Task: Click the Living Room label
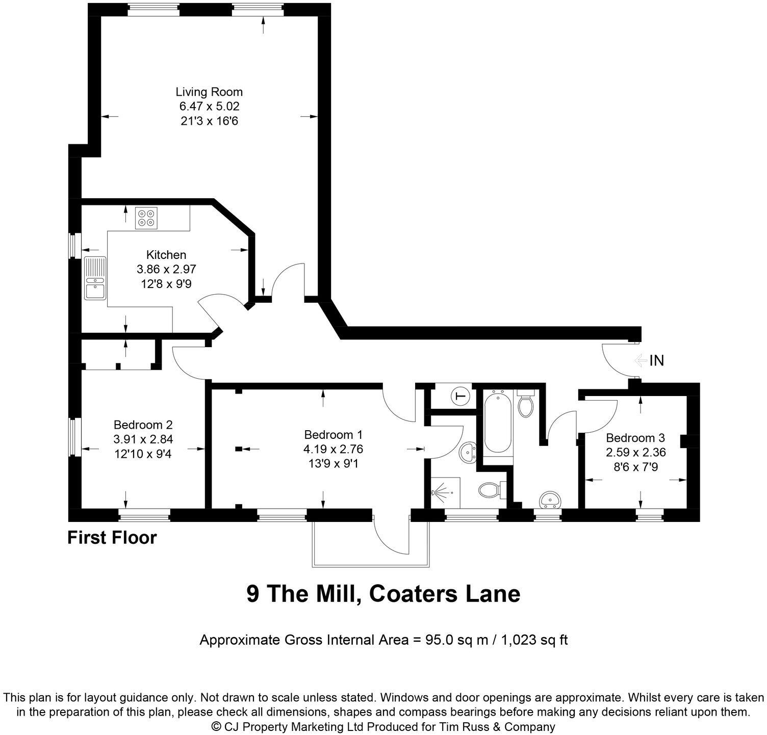(x=209, y=92)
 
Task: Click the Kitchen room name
(x=166, y=255)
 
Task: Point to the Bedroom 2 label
(x=143, y=425)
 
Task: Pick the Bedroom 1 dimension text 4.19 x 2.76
(x=334, y=450)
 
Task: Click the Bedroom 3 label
(x=635, y=438)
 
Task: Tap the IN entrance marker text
(x=657, y=361)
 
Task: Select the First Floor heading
(x=112, y=537)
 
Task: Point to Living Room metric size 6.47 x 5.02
(x=209, y=107)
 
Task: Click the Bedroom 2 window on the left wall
(x=75, y=437)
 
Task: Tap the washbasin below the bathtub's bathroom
(x=550, y=500)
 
